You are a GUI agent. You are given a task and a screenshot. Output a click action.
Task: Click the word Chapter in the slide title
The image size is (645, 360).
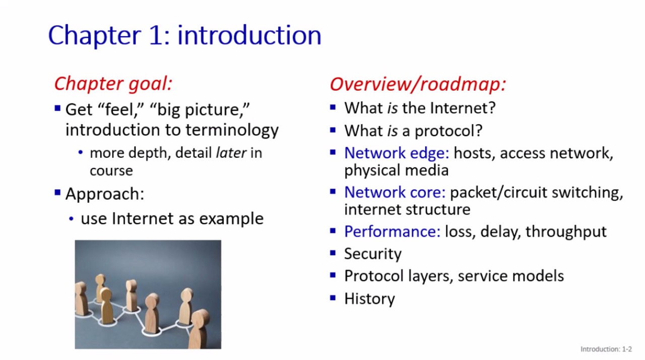point(94,35)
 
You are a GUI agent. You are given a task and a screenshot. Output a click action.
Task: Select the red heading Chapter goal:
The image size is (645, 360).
point(113,84)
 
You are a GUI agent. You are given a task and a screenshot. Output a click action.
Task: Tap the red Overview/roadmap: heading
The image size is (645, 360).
point(418,84)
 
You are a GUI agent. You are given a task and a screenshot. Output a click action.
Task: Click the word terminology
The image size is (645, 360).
point(232,130)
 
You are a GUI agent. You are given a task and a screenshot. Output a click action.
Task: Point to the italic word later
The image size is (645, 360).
point(231,153)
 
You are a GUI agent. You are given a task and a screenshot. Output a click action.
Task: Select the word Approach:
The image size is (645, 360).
point(105,194)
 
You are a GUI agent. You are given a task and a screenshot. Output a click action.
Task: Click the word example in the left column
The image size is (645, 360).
point(231,219)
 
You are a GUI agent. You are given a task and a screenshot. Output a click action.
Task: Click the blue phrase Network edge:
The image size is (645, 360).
point(397,153)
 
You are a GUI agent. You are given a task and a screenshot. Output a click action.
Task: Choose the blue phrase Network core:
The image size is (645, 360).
point(395,192)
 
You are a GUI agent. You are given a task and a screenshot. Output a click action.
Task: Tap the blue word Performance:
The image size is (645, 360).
point(392,231)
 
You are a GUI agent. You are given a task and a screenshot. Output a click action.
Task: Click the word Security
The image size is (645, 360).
point(372,254)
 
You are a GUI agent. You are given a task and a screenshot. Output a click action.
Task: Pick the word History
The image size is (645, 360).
point(369,298)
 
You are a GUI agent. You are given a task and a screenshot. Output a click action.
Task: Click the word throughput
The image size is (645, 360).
point(566,232)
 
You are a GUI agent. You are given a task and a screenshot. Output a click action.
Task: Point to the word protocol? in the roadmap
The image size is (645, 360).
point(448,131)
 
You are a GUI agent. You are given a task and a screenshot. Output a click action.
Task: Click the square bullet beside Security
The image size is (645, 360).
point(333,253)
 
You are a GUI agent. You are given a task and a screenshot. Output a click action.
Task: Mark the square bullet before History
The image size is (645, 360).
point(333,298)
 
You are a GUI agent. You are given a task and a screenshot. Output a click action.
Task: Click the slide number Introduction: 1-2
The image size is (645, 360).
point(606,349)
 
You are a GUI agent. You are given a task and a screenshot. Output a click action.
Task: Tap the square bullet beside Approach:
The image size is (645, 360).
point(57,193)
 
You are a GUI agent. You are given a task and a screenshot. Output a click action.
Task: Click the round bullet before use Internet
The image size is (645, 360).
point(72,219)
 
